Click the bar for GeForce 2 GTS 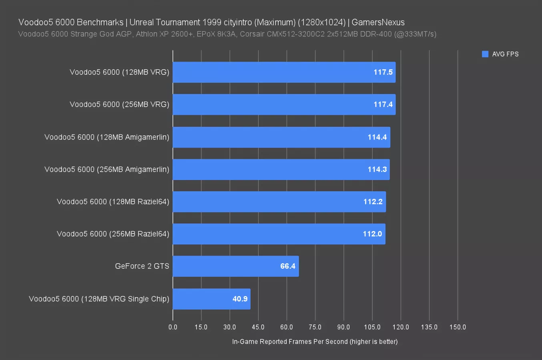pos(235,266)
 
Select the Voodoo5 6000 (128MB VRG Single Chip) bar pos(211,299)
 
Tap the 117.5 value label pos(383,72)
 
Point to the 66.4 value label pos(287,266)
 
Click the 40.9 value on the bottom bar pos(240,299)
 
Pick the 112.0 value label pos(372,234)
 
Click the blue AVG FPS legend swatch pos(485,54)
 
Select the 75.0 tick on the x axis pos(315,327)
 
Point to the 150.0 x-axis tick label pos(458,327)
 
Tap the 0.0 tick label pos(173,327)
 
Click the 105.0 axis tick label pos(372,327)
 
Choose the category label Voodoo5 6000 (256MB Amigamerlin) pos(107,170)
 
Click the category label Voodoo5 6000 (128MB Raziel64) pos(113,202)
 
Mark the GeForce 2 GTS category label pos(142,266)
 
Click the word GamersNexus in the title pos(378,22)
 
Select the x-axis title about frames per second pos(315,342)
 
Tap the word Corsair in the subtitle pos(253,34)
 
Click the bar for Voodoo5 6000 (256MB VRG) pos(284,105)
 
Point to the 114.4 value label pos(377,137)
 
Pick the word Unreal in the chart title pos(141,22)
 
